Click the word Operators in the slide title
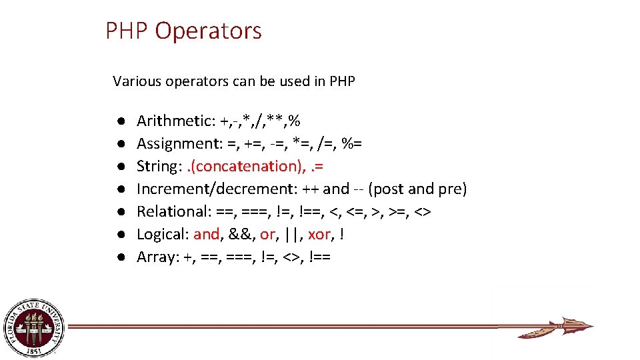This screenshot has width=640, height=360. [208, 31]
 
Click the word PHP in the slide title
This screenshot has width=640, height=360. [127, 31]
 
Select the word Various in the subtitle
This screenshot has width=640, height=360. [135, 81]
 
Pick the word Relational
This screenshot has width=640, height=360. [173, 211]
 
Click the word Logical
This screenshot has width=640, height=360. [163, 234]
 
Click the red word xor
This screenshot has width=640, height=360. [320, 234]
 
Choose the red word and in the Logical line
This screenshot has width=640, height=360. [206, 234]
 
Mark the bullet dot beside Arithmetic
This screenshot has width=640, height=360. [117, 121]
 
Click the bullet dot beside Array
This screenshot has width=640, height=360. [117, 257]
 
